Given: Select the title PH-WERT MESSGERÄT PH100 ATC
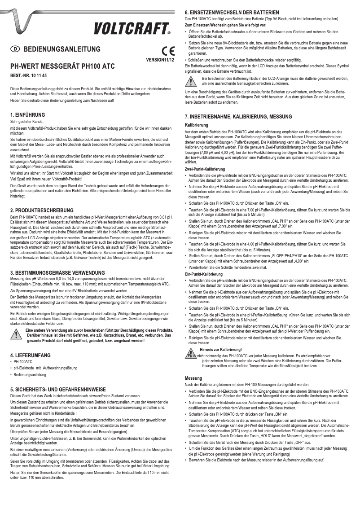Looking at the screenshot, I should pyautogui.click(x=62, y=66).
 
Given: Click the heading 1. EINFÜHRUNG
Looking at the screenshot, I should pyautogui.click(x=27, y=115).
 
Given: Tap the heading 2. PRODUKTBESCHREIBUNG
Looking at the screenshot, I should pyautogui.click(x=42, y=210).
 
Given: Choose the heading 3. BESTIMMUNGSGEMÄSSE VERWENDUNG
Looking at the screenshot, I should pyautogui.click(x=58, y=273).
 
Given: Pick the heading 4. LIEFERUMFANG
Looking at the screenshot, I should pyautogui.click(x=30, y=355).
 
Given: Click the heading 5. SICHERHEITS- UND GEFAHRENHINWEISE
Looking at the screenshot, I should pyautogui.click(x=58, y=390).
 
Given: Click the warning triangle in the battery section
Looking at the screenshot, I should pyautogui.click(x=192, y=81).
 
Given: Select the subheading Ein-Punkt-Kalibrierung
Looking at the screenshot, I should pyautogui.click(x=204, y=273).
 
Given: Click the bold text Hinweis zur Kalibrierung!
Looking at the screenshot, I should pyautogui.click(x=221, y=349).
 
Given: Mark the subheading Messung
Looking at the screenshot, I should pyautogui.click(x=193, y=378).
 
